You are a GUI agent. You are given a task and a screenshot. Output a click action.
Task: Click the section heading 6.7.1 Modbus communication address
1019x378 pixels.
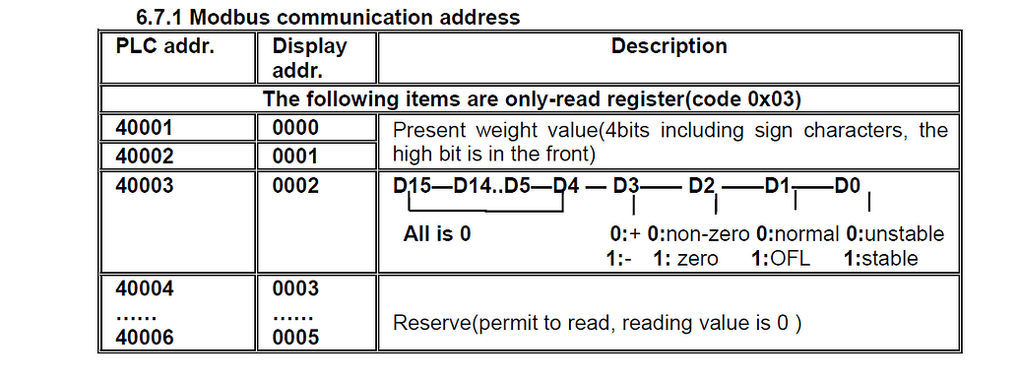coord(328,18)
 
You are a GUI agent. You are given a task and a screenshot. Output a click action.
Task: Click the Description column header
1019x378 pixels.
coord(669,46)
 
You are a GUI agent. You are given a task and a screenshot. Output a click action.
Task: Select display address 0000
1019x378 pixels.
coord(295,128)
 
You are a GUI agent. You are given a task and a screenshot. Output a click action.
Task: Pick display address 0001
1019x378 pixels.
coord(295,156)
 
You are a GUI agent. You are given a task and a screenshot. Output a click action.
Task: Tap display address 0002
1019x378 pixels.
coord(295,183)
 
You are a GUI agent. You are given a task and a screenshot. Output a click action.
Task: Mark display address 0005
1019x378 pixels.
coord(295,337)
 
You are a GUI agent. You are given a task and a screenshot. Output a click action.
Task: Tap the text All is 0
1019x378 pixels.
coord(437,234)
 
